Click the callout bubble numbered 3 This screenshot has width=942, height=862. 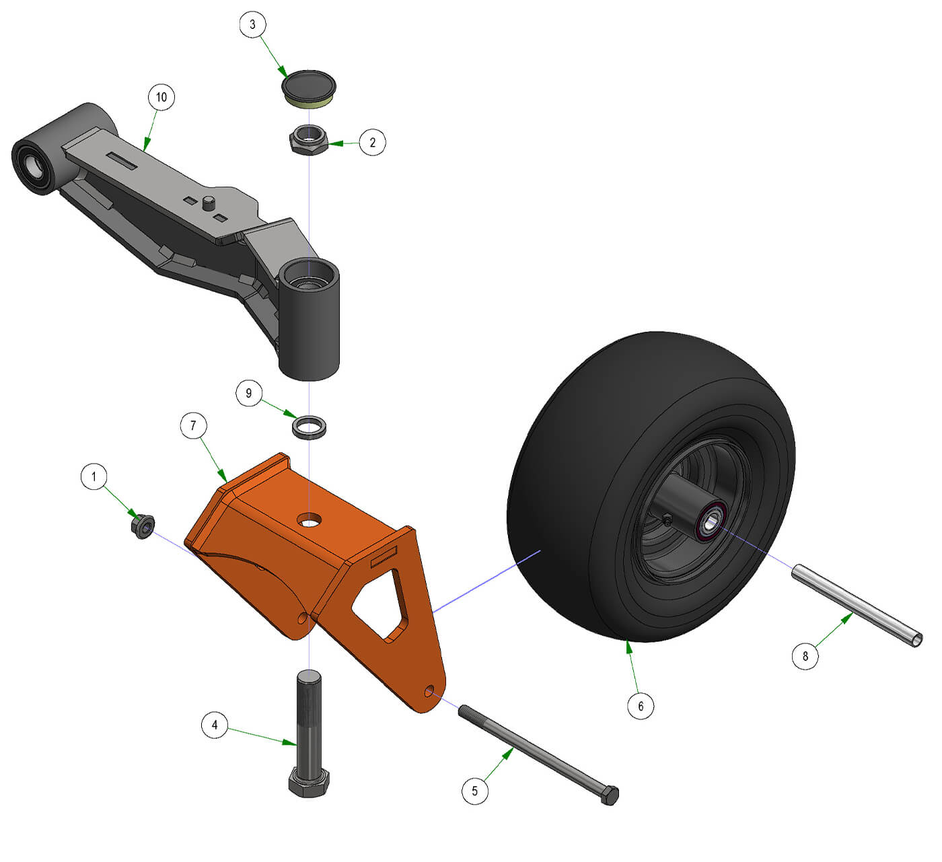[252, 24]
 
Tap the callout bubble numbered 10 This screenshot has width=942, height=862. [161, 98]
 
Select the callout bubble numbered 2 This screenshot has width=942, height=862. [372, 143]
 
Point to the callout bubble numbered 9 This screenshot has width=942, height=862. [249, 393]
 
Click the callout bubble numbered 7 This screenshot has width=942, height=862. [194, 425]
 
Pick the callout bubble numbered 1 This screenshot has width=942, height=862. [94, 477]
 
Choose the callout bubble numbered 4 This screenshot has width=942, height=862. [215, 725]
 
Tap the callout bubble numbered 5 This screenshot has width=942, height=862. [475, 791]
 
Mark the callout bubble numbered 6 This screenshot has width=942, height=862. [641, 706]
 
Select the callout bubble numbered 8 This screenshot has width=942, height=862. [805, 656]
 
